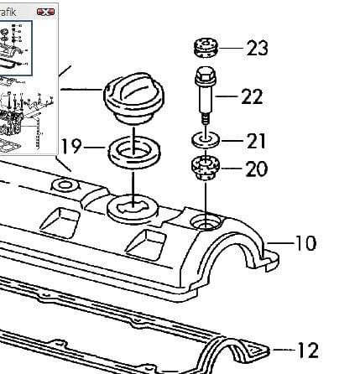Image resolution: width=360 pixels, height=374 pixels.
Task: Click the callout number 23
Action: pyautogui.click(x=257, y=48)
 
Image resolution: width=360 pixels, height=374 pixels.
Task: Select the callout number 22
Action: pyautogui.click(x=252, y=96)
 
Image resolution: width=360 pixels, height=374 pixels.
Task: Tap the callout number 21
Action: pyautogui.click(x=256, y=141)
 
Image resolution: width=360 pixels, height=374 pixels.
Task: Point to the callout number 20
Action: pyautogui.click(x=257, y=169)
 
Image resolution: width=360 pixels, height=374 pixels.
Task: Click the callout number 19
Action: pyautogui.click(x=71, y=146)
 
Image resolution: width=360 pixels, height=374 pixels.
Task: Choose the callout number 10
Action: pyautogui.click(x=305, y=243)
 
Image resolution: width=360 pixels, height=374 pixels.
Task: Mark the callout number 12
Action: pyautogui.click(x=308, y=350)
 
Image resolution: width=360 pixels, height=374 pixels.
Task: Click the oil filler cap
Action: pyautogui.click(x=133, y=98)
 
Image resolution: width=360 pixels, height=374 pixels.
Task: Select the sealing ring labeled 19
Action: pyautogui.click(x=134, y=153)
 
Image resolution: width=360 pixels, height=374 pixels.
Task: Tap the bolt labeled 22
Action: pyautogui.click(x=206, y=96)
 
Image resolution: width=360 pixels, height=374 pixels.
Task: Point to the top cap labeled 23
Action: pyautogui.click(x=206, y=48)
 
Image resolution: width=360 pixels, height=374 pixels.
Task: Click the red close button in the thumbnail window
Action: pyautogui.click(x=45, y=12)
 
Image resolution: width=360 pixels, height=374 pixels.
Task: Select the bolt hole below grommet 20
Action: pyautogui.click(x=206, y=222)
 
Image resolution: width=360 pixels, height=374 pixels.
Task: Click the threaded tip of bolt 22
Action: pyautogui.click(x=206, y=118)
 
